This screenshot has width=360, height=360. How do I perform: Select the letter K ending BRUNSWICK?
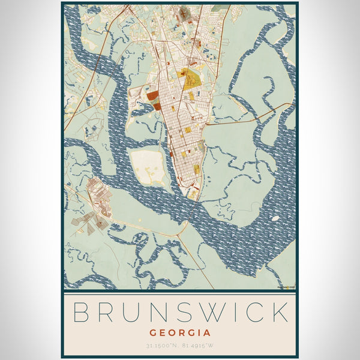click(277, 313)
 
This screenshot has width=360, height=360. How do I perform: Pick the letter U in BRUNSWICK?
click(127, 313)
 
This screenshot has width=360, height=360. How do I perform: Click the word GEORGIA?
click(180, 332)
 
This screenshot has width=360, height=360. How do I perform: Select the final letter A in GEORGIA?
click(207, 332)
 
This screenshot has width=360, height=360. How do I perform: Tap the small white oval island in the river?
click(275, 218)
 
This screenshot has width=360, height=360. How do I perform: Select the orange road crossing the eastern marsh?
click(252, 118)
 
